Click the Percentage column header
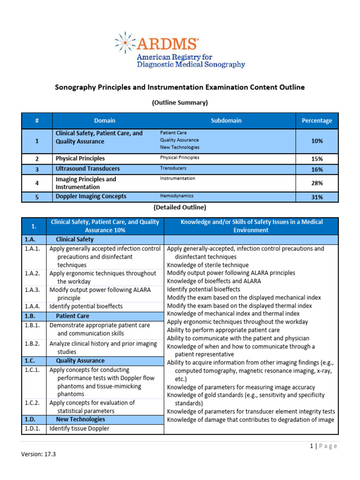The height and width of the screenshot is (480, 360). tap(316, 120)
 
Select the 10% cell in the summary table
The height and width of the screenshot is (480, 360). tap(316, 141)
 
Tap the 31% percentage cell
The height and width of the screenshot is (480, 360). tap(316, 197)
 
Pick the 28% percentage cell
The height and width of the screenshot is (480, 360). tap(316, 183)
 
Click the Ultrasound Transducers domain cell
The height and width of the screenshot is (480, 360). tap(88, 169)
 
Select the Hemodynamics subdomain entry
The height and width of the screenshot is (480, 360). tap(177, 196)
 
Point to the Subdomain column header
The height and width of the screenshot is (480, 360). tap(226, 120)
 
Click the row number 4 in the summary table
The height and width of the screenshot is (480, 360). tap(37, 183)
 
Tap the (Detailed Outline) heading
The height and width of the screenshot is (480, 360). tap(180, 207)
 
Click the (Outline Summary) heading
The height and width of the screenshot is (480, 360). tap(180, 102)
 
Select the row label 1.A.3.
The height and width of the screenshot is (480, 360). tap(33, 290)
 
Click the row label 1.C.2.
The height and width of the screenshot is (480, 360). tap(33, 403)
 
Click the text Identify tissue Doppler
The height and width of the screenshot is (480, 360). tap(79, 428)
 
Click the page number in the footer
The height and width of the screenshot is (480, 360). tap(311, 446)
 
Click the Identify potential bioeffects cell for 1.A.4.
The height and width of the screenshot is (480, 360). tap(86, 306)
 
